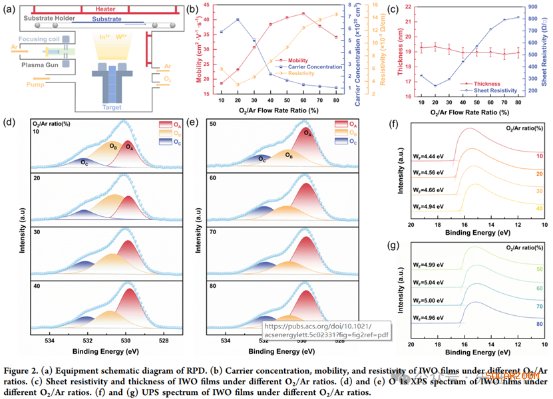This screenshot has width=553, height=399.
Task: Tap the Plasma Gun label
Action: click(39, 65)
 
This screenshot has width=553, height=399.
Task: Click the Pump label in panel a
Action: click(36, 84)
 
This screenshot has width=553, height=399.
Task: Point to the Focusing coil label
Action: click(39, 40)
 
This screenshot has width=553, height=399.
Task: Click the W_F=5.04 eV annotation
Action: click(428, 291)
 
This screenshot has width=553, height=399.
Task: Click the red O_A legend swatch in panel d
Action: click(164, 124)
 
